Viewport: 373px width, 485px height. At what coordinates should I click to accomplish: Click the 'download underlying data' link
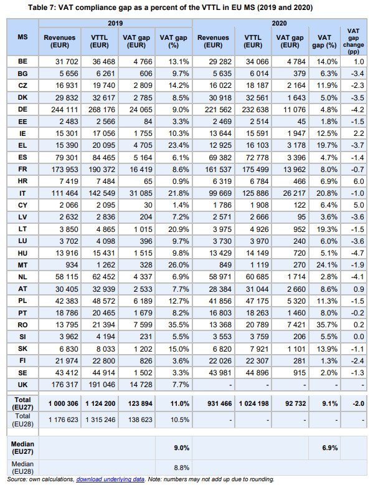point(110,479)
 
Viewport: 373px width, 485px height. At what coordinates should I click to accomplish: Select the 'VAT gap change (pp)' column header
point(353,41)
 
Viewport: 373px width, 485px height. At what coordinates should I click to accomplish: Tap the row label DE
point(22,110)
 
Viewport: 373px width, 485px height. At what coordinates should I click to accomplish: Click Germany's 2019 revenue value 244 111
point(65,110)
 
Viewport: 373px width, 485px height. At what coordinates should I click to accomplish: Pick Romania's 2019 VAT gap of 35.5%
point(179,325)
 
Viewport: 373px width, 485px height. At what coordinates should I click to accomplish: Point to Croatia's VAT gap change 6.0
point(359,181)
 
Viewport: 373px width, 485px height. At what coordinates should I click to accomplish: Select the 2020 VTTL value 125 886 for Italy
point(255,193)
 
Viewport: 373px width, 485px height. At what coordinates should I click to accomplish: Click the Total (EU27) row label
point(22,403)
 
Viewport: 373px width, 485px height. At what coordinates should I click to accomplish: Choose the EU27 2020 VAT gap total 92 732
point(295,404)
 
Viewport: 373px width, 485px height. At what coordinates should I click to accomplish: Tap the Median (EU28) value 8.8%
point(181,468)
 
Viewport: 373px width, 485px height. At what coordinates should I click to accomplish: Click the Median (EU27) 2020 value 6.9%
point(330,448)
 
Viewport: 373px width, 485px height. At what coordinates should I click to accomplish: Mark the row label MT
point(22,265)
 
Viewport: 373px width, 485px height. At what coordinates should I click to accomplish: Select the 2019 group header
point(115,23)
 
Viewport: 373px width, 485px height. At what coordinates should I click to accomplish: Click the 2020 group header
point(279,23)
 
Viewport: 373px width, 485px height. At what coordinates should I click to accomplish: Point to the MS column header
point(22,37)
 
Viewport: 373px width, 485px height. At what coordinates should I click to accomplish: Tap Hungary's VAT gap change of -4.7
point(357,253)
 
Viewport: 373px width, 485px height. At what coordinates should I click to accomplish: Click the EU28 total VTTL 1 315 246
point(100,420)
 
